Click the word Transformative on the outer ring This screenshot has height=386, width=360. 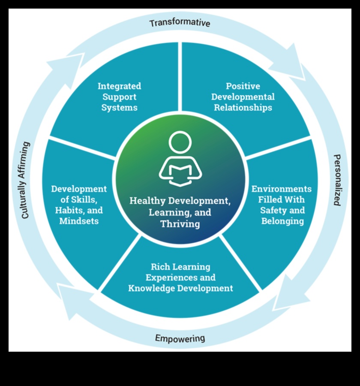click(x=180, y=22)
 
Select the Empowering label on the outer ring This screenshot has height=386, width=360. click(x=180, y=338)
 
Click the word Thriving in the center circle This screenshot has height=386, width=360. click(x=180, y=224)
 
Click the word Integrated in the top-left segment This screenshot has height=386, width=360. click(x=119, y=86)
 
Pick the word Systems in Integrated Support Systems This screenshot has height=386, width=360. click(x=119, y=108)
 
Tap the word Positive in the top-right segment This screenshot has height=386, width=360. click(x=243, y=86)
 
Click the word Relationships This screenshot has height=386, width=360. click(x=243, y=108)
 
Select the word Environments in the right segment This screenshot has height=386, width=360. click(x=282, y=189)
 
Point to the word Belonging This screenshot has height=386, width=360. click(x=282, y=221)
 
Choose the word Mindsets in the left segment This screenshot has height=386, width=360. click(x=79, y=221)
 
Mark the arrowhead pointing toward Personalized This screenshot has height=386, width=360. click(x=296, y=64)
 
